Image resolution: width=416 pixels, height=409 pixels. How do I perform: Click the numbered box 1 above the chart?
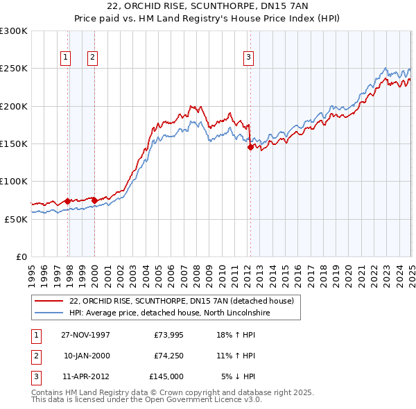pos(66,58)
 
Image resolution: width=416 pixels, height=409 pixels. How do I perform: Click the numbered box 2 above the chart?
pos(92,58)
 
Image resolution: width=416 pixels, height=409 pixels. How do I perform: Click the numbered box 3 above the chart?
pos(248,58)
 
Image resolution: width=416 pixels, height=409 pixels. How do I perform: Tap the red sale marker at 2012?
pos(250,147)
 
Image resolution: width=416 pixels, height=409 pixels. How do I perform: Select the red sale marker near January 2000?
pos(94,200)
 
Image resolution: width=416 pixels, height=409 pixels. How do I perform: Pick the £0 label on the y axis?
pos(21,256)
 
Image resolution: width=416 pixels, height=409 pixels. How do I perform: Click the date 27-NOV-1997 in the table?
pos(86,335)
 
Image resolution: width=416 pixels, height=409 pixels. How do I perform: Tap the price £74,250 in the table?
pos(166,356)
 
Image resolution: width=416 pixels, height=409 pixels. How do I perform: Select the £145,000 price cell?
pos(166,376)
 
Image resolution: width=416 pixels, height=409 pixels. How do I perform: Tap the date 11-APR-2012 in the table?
pos(86,376)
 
